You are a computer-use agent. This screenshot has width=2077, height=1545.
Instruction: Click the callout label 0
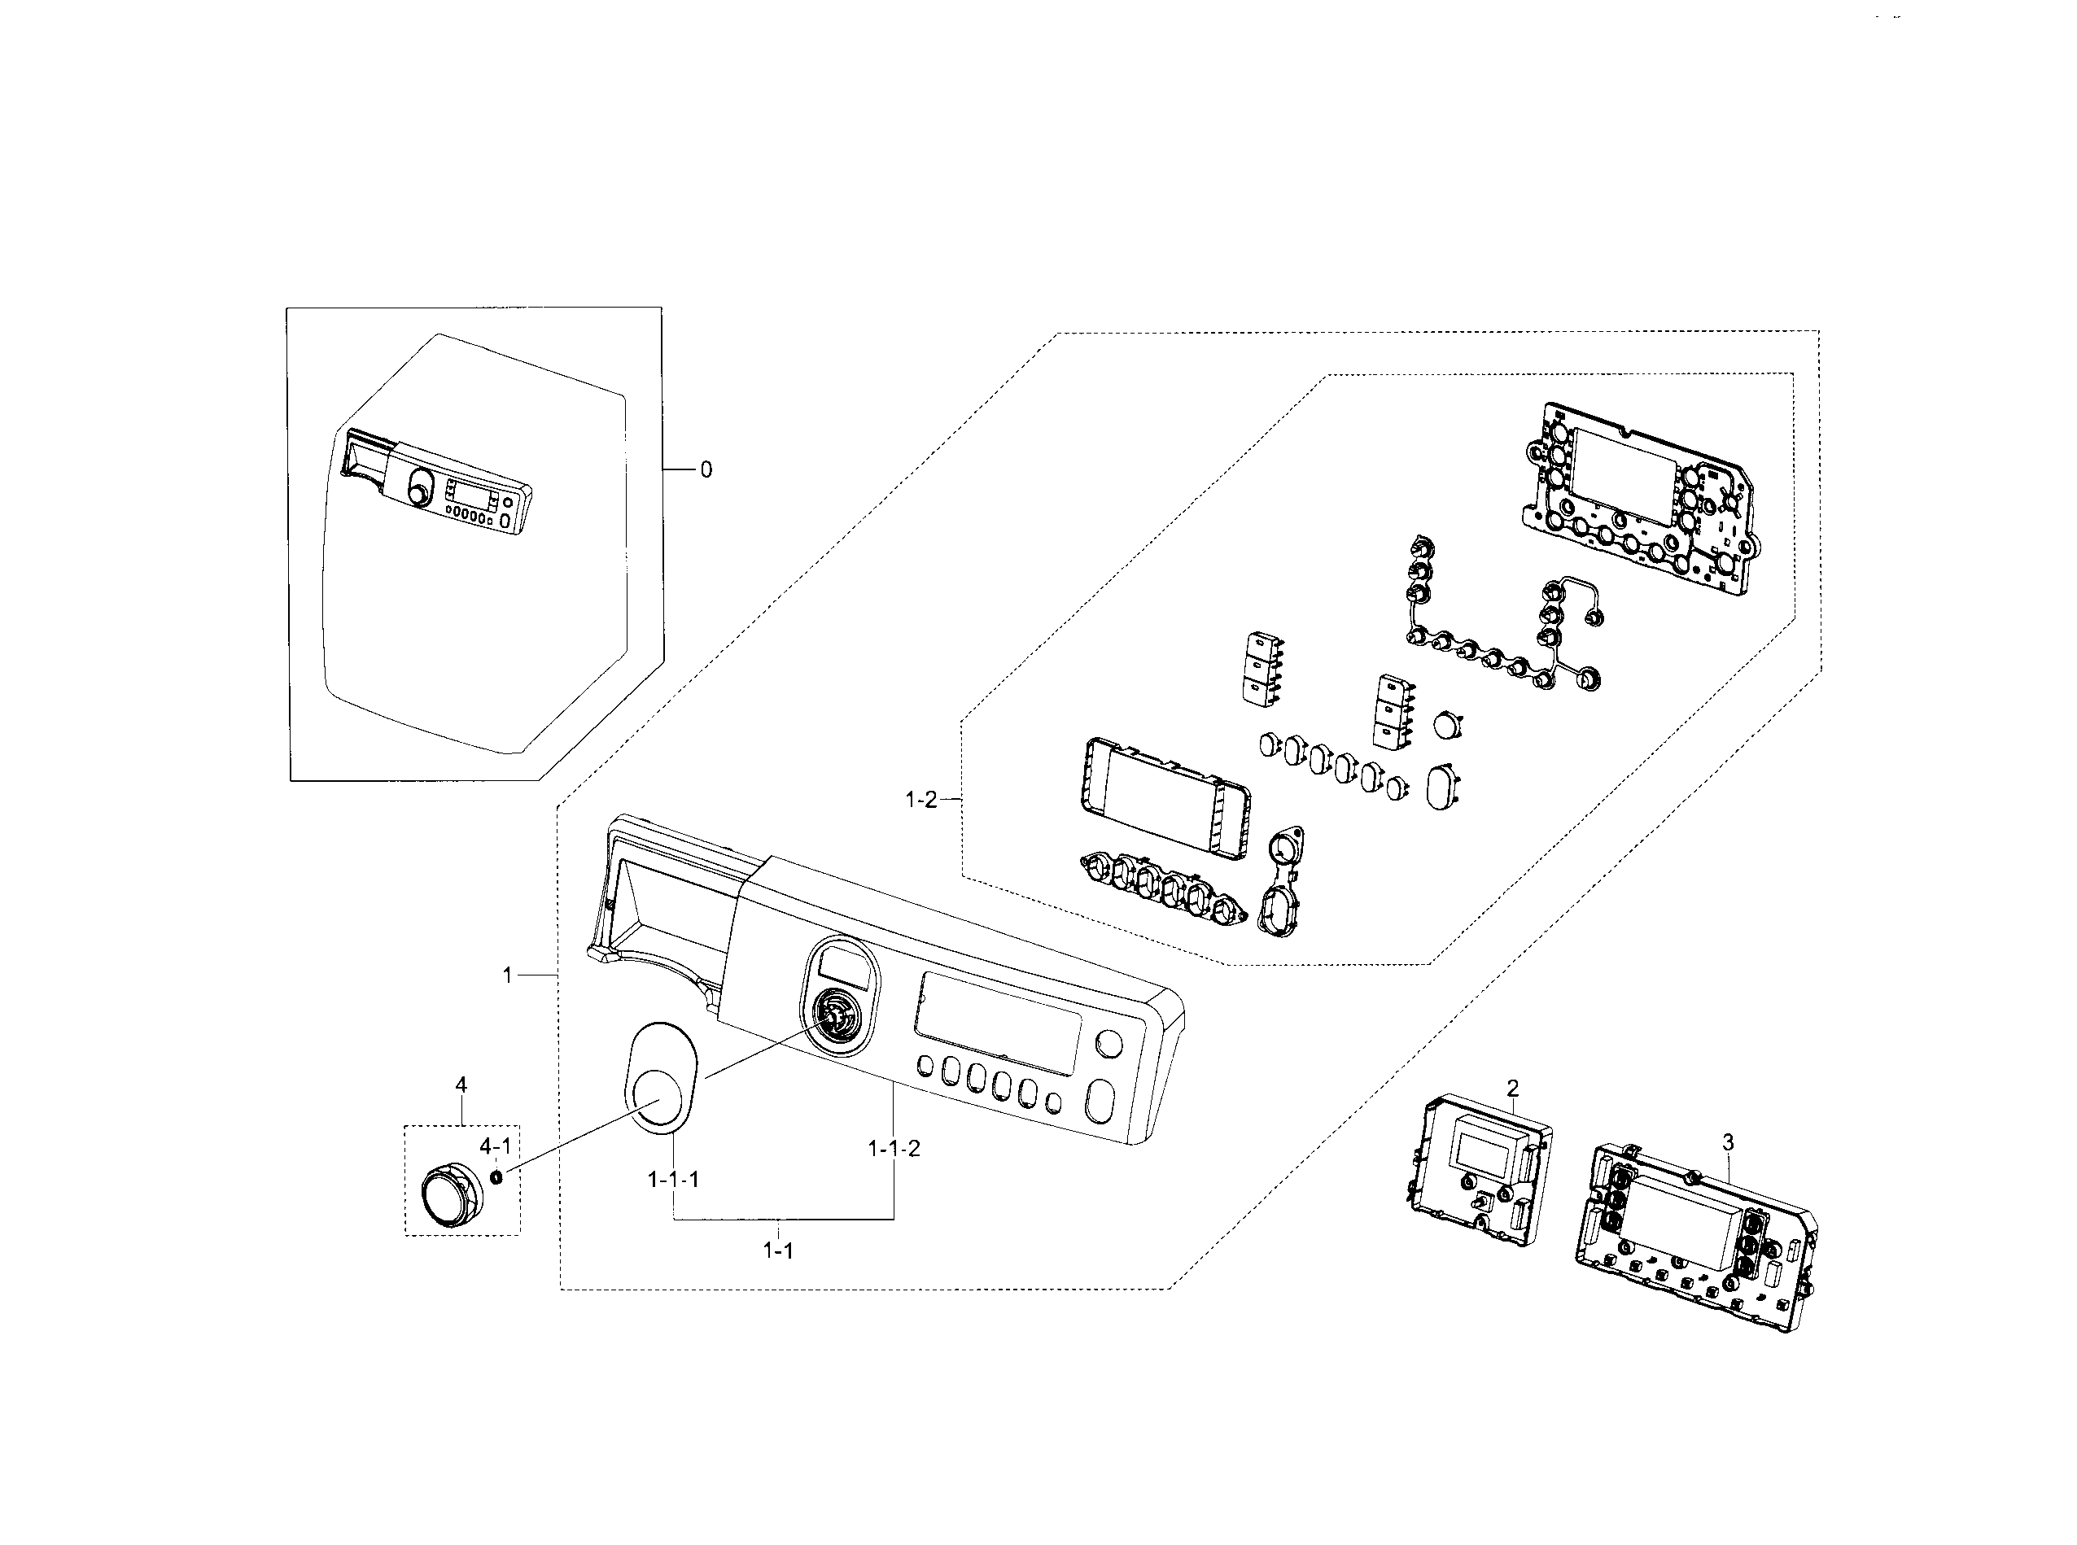706,469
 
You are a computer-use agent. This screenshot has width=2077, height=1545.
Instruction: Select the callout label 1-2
920,800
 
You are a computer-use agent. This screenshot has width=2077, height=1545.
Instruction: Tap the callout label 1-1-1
673,1180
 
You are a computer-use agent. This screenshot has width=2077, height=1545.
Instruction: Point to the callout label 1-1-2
894,1149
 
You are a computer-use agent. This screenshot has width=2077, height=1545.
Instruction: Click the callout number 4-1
495,1146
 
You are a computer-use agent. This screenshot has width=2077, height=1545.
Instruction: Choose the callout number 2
1512,1088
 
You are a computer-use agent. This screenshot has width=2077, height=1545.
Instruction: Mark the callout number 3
1727,1142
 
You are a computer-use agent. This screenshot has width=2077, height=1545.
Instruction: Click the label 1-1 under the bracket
777,1250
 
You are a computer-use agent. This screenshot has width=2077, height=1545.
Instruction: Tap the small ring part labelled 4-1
496,1176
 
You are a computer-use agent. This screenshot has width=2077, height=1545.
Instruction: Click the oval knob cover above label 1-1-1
658,1076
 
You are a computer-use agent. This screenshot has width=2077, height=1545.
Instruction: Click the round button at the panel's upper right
1108,1044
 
